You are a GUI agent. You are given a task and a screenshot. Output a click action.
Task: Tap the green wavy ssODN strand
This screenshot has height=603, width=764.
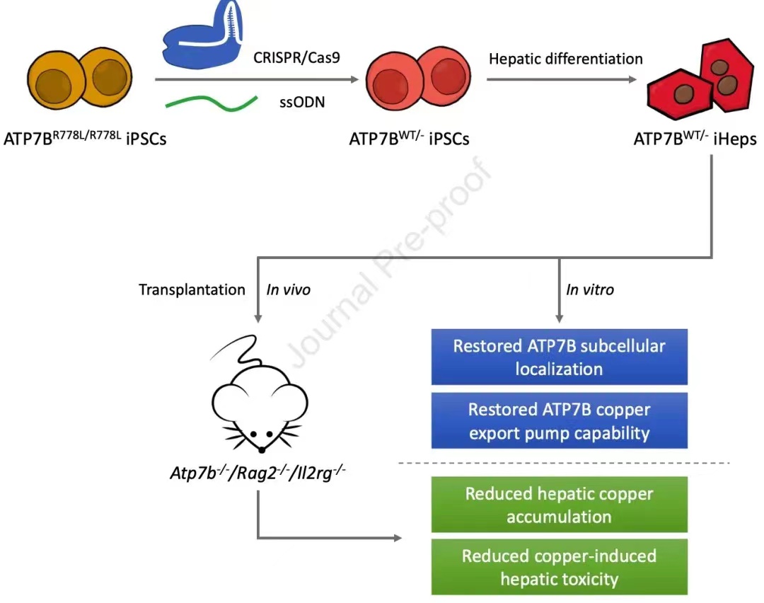click(x=210, y=103)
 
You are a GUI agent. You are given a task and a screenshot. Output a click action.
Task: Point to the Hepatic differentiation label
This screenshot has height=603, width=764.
click(x=566, y=59)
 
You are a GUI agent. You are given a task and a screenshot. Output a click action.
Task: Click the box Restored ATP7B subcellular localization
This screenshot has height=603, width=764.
click(x=559, y=357)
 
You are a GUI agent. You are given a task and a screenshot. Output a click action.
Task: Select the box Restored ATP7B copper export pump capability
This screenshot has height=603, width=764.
click(x=559, y=421)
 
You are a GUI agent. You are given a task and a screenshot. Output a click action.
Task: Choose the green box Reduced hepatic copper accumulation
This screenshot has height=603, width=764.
click(x=559, y=505)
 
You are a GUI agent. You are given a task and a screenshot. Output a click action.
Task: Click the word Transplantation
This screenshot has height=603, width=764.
click(x=192, y=289)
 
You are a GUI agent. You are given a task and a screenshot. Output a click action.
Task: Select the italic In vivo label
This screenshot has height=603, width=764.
click(x=288, y=289)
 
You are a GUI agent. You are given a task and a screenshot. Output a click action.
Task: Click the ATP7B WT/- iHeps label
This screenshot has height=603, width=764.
click(x=695, y=139)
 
